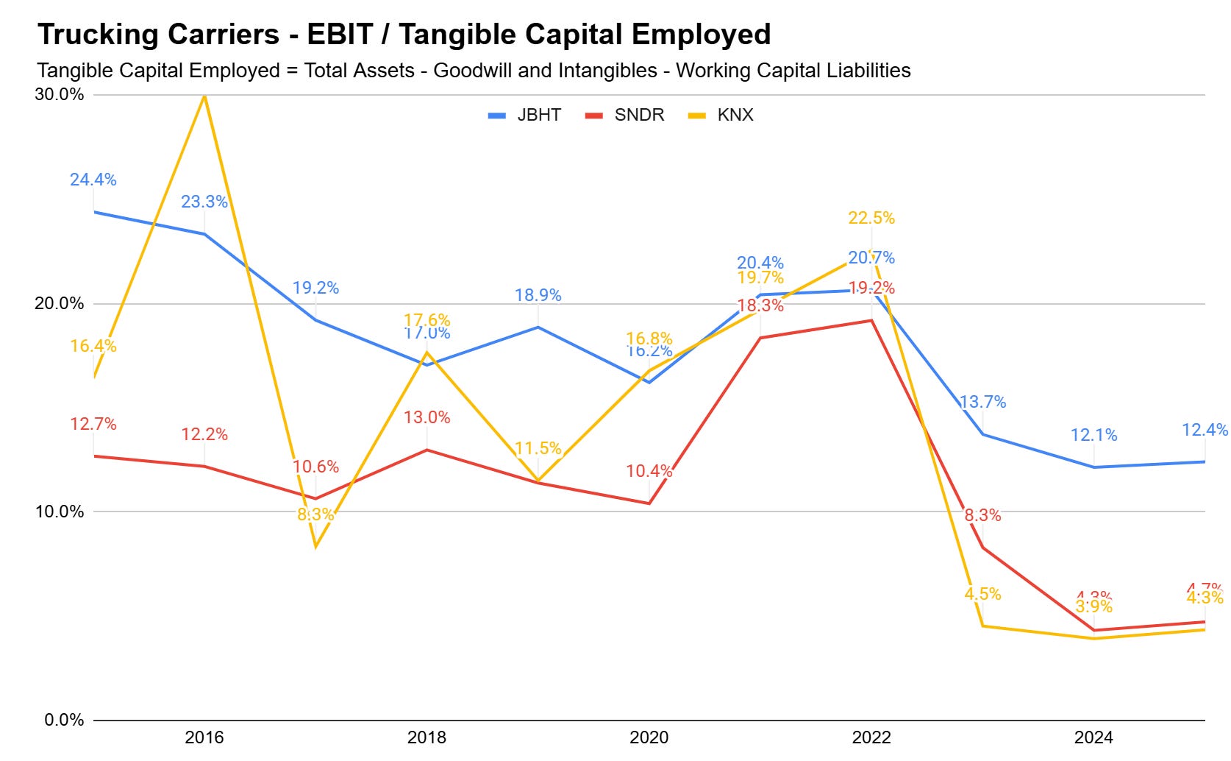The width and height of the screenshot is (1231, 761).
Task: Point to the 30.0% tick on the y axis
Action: [60, 94]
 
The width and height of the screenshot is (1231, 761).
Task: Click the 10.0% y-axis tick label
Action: [60, 512]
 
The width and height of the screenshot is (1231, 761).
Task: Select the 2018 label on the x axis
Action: [427, 737]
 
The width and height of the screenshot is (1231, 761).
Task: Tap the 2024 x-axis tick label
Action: [1093, 737]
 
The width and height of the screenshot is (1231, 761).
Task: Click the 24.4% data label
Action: [93, 180]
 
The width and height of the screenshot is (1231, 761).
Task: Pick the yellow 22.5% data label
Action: [871, 218]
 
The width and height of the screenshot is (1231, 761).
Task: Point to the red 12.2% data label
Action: [204, 434]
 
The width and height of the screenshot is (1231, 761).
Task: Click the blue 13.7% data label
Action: [982, 402]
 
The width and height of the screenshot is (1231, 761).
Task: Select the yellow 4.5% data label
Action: [982, 594]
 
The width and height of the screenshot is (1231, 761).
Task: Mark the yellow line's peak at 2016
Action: [204, 96]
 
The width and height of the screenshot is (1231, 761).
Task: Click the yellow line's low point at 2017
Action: [315, 547]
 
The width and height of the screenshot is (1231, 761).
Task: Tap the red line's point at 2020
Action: [649, 503]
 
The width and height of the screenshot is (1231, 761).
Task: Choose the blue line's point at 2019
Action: [538, 327]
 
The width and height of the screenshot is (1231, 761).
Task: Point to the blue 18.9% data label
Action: [538, 295]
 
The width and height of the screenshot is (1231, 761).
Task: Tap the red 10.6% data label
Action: [315, 467]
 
